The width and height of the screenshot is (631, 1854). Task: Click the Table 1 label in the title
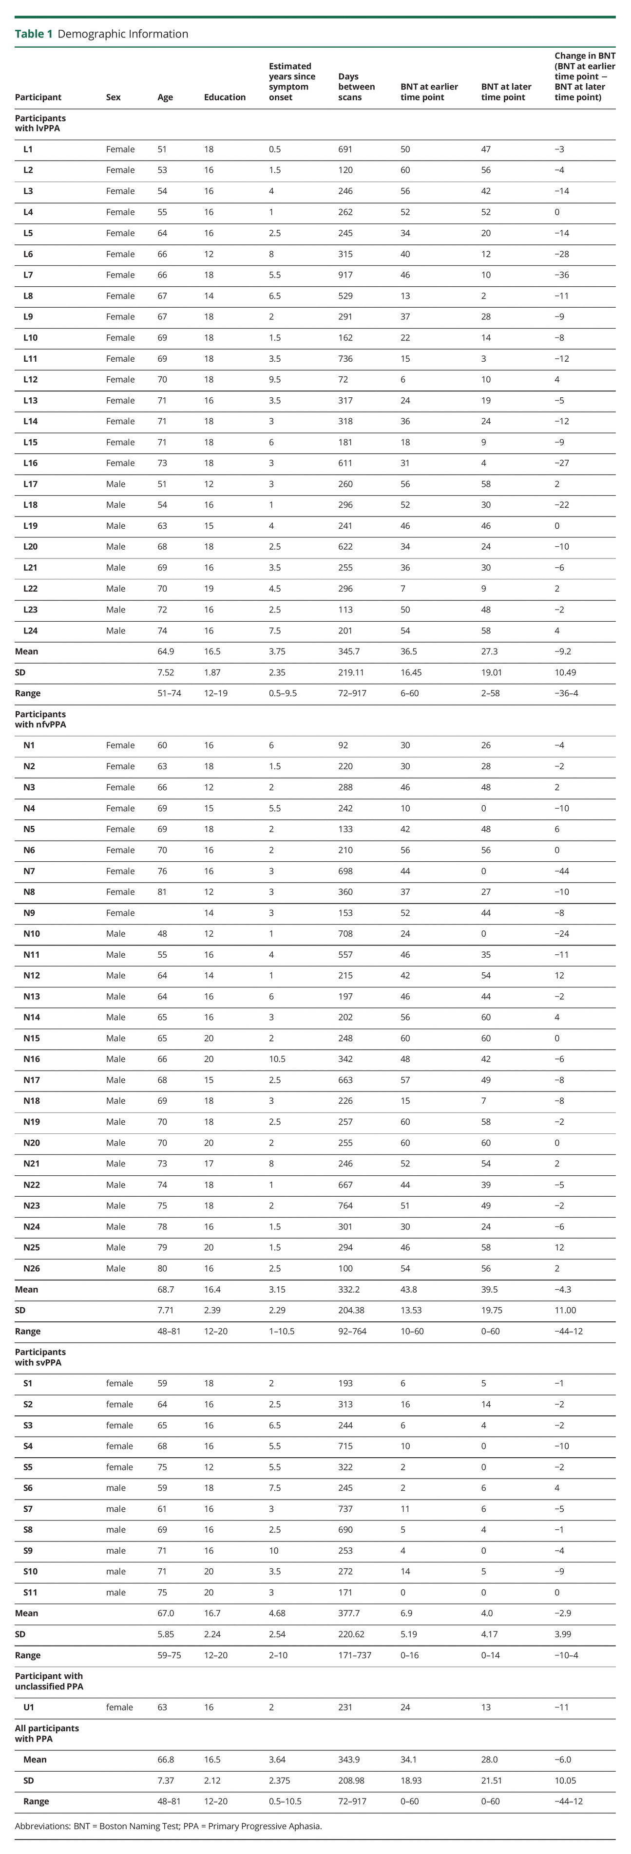33,34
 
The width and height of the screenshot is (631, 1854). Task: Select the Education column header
225,97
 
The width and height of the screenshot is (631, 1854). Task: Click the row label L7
28,275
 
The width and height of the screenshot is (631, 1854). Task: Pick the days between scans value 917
346,275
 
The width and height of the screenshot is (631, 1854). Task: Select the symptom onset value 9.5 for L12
275,379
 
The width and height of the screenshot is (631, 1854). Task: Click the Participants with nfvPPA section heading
40,720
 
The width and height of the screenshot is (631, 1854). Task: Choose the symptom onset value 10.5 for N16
278,1059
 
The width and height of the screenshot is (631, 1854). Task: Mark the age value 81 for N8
163,892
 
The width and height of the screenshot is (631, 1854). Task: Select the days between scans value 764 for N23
346,1205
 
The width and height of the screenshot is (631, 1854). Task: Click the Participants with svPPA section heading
40,1357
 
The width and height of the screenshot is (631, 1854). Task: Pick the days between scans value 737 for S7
346,1508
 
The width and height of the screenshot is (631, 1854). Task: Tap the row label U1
29,1707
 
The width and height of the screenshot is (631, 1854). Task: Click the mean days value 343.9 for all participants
349,1759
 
